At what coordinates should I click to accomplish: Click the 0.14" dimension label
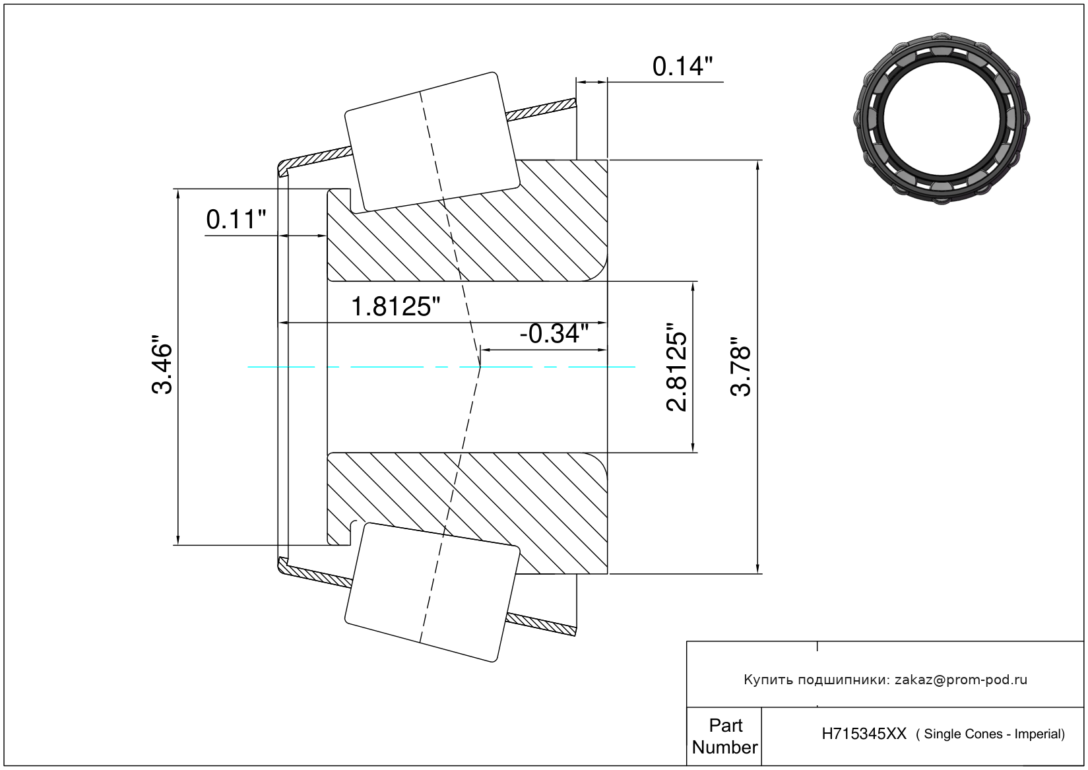tap(682, 67)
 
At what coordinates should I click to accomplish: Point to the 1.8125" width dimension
tap(395, 307)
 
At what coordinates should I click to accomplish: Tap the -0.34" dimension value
tap(554, 334)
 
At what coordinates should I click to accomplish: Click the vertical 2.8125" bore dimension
tap(676, 367)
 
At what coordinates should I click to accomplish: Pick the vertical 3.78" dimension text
tap(741, 367)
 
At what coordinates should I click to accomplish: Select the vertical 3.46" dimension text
tap(162, 364)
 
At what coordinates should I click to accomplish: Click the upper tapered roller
tap(432, 143)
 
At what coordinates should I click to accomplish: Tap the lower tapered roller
tap(432, 593)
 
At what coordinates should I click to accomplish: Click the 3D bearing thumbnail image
tap(942, 119)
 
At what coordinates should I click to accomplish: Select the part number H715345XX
tap(864, 734)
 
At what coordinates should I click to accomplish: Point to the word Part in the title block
tap(726, 725)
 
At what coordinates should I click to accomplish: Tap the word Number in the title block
tap(724, 747)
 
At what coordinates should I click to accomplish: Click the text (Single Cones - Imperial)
tap(990, 734)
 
